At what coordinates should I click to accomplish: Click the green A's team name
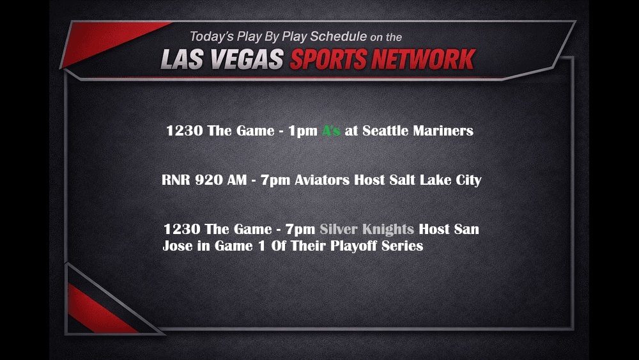coord(330,131)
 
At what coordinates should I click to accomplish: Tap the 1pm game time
coord(302,131)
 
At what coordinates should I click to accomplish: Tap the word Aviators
coord(322,180)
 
